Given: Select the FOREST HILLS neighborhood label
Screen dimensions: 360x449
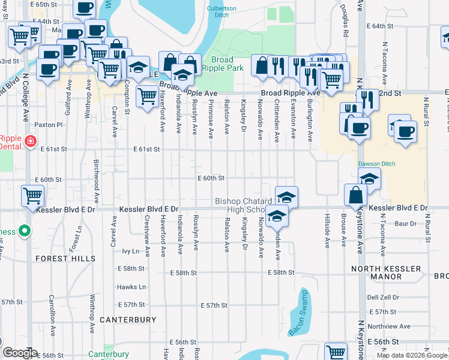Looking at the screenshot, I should [65, 259].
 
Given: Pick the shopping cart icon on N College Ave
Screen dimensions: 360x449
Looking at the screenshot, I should [32, 196].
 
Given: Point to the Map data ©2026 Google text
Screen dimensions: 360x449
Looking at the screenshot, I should [412, 355].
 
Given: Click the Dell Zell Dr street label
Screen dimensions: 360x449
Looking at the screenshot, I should [383, 298].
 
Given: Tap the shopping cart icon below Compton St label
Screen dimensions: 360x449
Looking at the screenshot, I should [146, 95].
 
